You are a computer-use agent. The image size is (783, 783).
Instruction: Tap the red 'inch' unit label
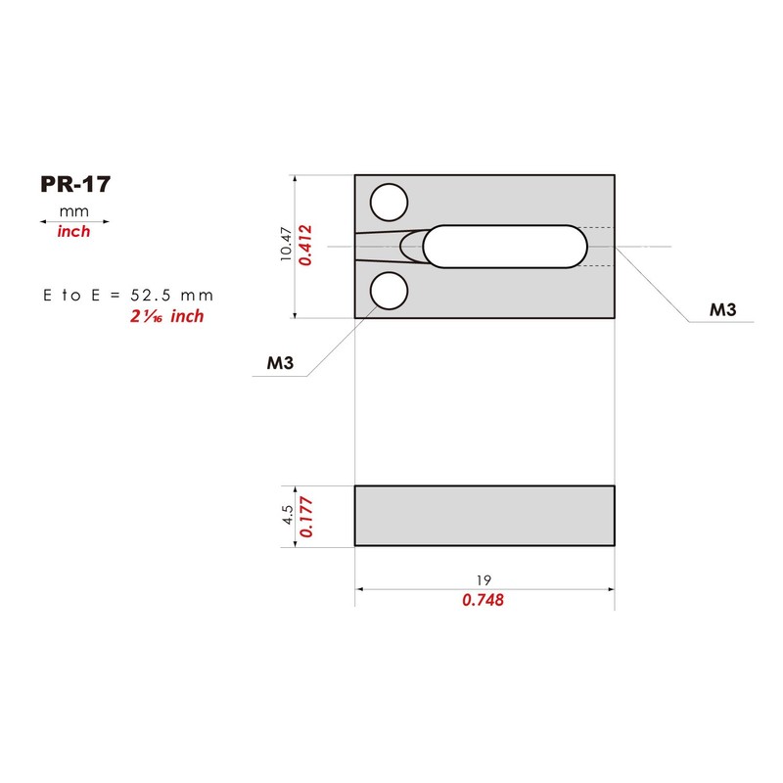click(73, 233)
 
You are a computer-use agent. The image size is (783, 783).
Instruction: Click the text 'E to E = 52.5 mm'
click(128, 295)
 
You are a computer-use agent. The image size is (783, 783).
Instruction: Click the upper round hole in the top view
click(389, 203)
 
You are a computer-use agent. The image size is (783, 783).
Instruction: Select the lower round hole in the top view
click(389, 291)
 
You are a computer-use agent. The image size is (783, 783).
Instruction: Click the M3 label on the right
click(723, 310)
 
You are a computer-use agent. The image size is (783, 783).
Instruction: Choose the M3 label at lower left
click(281, 364)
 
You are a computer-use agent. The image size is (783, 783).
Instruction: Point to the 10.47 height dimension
click(286, 245)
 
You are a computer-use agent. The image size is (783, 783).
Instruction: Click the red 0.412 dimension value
click(305, 246)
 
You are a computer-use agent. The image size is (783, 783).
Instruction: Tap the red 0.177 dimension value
click(306, 516)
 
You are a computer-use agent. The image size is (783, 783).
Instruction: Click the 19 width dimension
click(484, 579)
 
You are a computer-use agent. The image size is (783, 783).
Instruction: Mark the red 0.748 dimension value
click(484, 601)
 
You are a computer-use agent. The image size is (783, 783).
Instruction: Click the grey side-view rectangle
click(484, 516)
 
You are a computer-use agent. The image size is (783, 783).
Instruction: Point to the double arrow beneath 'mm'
click(74, 222)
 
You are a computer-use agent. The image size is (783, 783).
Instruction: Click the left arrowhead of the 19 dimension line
click(360, 589)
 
